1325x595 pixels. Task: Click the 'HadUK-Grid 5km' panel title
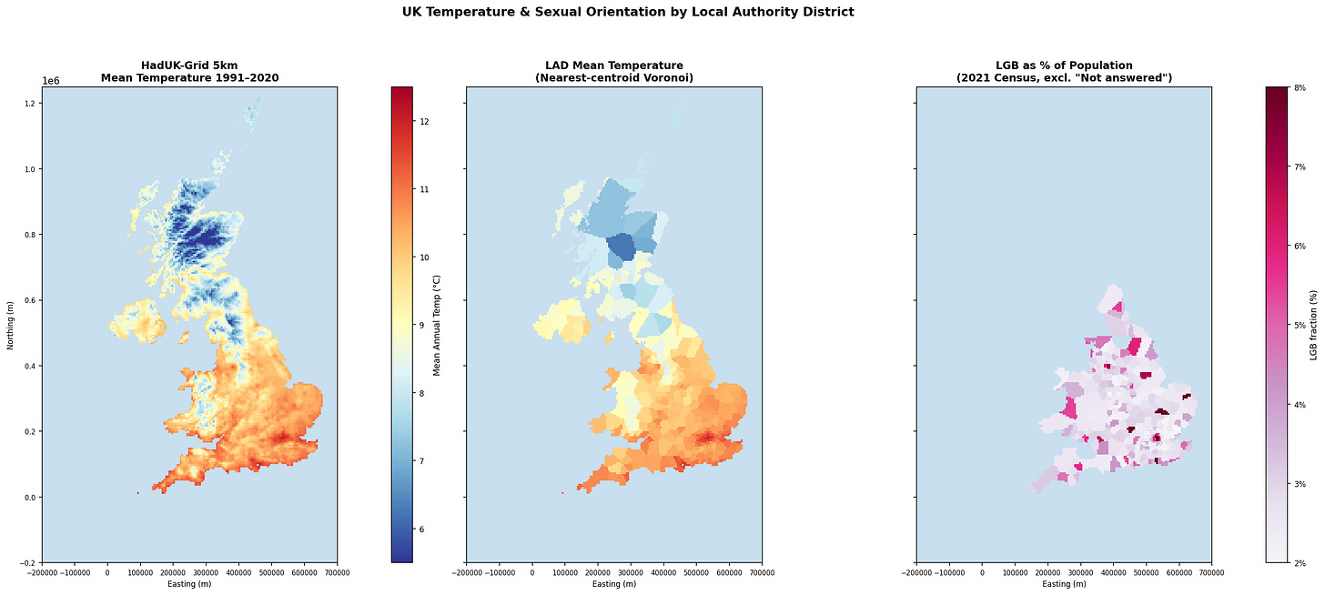(x=189, y=66)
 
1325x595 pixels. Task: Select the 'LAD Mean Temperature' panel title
(x=614, y=66)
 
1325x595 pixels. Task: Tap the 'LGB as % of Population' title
(x=1064, y=66)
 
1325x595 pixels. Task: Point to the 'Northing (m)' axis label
(x=10, y=325)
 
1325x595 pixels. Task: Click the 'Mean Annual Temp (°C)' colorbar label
(x=437, y=326)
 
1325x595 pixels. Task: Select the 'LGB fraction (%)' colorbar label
(x=1313, y=326)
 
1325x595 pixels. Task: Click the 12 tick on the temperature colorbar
(x=423, y=122)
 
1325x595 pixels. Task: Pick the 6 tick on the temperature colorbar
(x=421, y=529)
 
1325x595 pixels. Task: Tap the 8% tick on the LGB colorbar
(x=1300, y=88)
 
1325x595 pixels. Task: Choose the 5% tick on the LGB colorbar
(x=1300, y=326)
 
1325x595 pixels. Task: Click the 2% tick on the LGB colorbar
(x=1300, y=563)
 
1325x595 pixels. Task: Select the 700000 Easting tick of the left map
(x=337, y=572)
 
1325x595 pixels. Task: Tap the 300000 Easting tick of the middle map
(x=631, y=572)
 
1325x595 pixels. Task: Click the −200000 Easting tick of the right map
(x=916, y=572)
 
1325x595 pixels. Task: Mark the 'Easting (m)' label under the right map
(x=1064, y=584)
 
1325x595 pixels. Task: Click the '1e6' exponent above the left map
(x=50, y=81)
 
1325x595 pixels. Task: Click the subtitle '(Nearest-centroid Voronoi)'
(x=614, y=78)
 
